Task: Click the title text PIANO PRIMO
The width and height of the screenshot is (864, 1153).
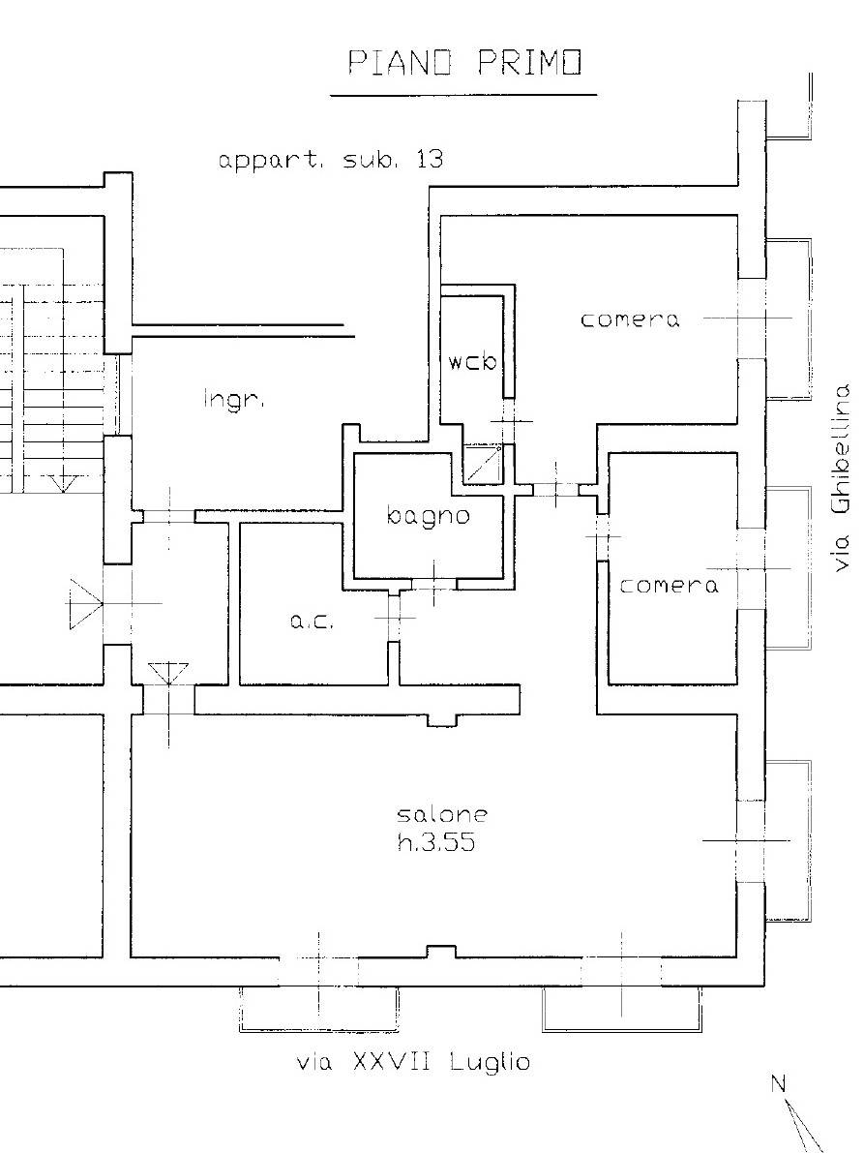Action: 464,62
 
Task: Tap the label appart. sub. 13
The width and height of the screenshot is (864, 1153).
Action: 331,160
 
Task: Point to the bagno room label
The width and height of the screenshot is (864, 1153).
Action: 428,515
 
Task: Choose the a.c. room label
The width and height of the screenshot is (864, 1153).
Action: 312,622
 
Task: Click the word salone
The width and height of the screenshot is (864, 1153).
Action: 442,813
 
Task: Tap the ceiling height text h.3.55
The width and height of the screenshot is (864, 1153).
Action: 436,841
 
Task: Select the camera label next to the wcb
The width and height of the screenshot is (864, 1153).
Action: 630,319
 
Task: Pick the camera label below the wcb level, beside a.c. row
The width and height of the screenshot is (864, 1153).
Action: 669,586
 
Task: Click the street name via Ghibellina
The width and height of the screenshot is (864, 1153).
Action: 841,476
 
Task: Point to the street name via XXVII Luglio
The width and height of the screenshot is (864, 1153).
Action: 413,1062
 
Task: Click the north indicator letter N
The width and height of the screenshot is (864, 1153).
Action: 779,1083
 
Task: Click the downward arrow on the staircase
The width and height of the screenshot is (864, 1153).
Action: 64,483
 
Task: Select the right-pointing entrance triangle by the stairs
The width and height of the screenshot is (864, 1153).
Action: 85,604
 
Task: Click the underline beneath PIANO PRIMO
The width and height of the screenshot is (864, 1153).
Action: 463,95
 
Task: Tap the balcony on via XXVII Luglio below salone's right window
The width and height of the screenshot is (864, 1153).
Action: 621,1010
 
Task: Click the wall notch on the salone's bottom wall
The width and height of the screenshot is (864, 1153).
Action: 441,953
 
